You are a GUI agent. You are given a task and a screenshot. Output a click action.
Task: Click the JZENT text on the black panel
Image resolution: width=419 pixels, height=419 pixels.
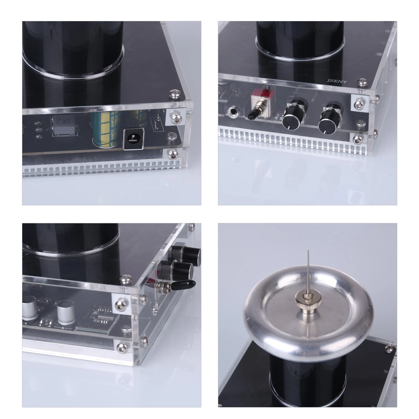click(337, 82)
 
